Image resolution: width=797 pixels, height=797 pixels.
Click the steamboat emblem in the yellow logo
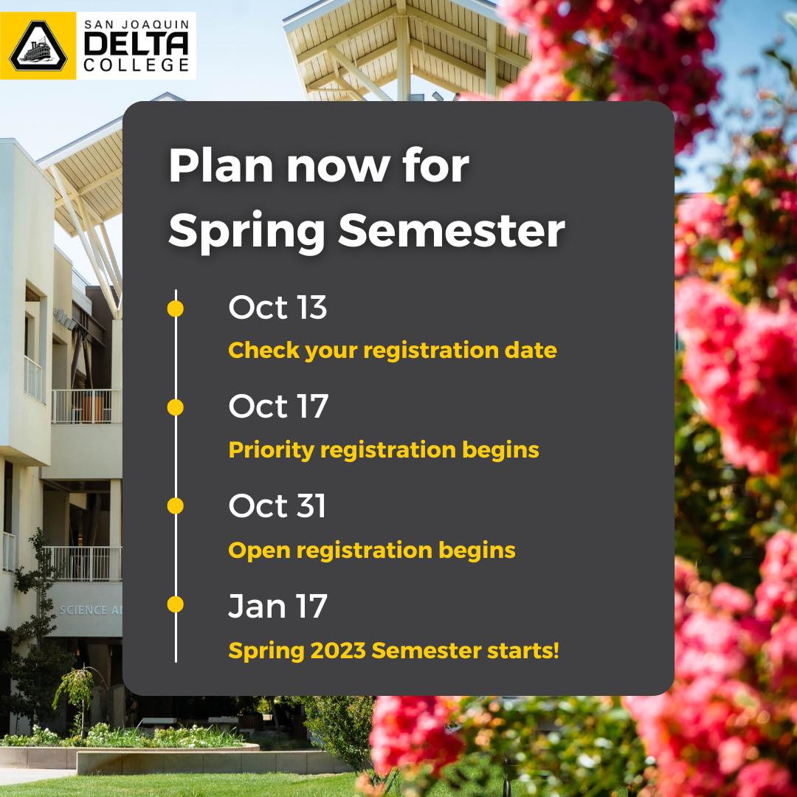38,46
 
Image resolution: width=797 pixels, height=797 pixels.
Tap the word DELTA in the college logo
136,44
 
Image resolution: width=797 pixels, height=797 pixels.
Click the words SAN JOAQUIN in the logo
137,24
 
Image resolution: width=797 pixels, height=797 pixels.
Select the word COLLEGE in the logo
137,65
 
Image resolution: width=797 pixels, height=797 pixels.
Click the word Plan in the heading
221,166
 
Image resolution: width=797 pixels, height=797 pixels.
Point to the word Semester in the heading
452,230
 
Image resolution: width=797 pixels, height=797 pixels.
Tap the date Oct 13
277,307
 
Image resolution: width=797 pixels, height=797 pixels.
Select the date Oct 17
278,406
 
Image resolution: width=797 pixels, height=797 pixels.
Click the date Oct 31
277,506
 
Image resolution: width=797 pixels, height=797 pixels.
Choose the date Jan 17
277,606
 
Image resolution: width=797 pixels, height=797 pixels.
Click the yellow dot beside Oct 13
176,308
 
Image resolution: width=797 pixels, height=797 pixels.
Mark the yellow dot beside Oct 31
176,506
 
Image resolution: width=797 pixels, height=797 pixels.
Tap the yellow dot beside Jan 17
176,604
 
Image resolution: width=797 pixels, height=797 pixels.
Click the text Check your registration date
393,351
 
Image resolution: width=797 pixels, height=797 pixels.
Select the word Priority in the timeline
271,451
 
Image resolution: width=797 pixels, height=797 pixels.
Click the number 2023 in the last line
338,651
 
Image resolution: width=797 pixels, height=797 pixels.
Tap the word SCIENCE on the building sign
83,610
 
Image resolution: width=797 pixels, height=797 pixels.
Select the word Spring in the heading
246,232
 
